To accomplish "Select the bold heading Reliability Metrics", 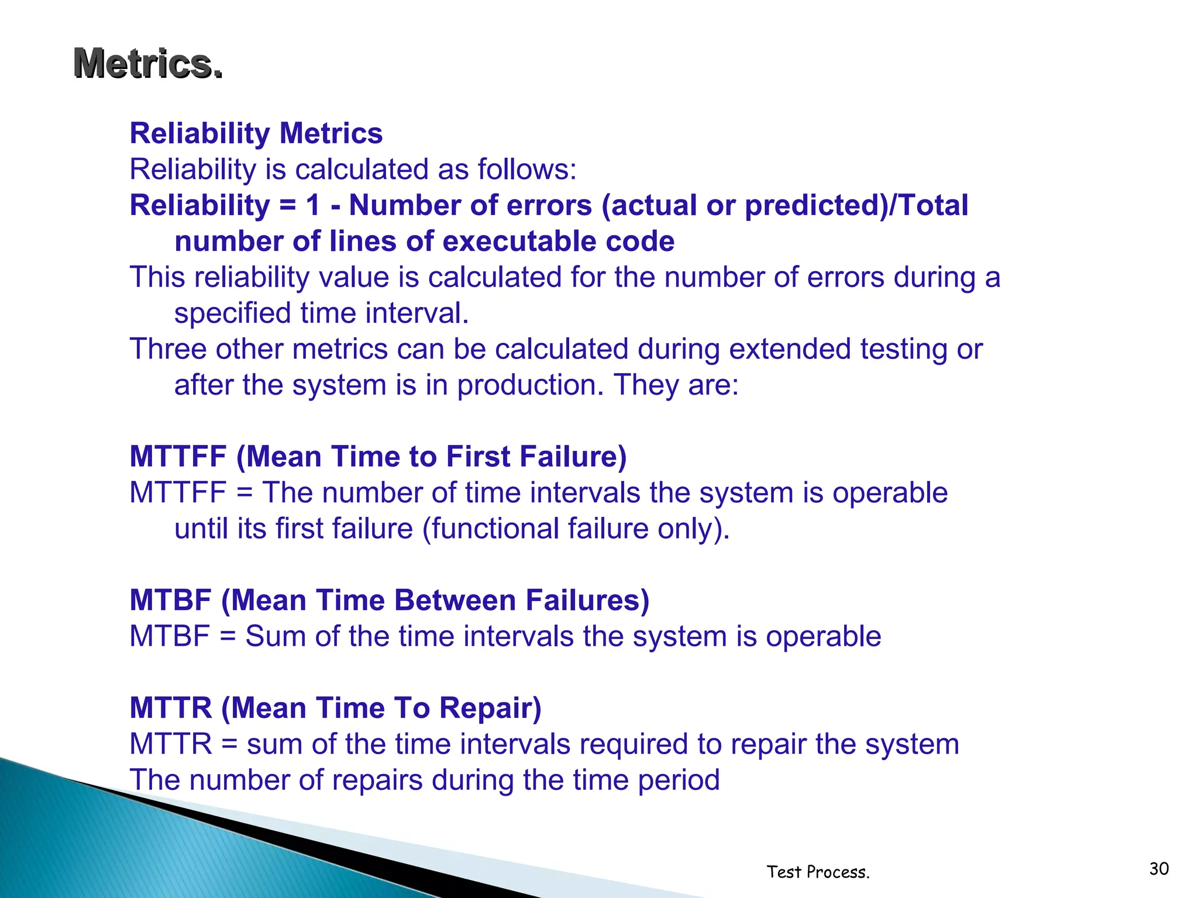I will (x=256, y=133).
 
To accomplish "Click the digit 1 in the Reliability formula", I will (x=314, y=205).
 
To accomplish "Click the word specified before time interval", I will (x=233, y=313).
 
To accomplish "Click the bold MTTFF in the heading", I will (x=178, y=457).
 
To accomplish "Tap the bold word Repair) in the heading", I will (x=490, y=708).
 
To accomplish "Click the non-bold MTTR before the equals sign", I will (x=170, y=744).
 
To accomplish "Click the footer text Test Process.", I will (x=818, y=872).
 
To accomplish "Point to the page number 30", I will (x=1159, y=869).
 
